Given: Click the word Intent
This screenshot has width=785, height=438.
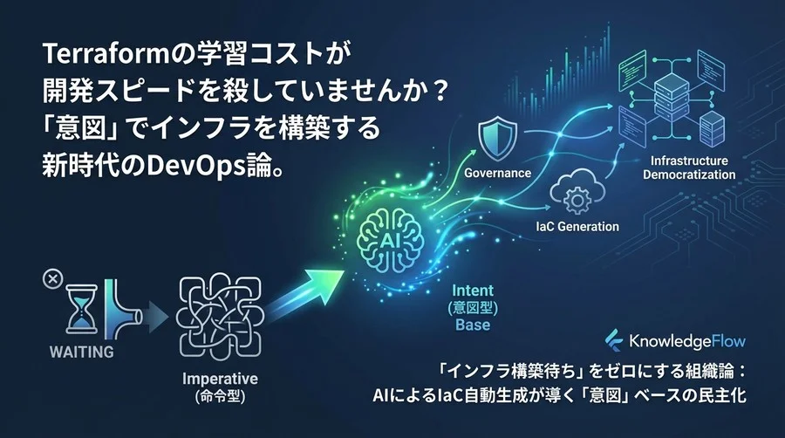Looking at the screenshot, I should [473, 289].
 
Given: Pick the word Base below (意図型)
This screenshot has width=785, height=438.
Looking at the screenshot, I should [472, 325].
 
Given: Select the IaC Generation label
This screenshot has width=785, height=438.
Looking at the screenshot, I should [577, 227].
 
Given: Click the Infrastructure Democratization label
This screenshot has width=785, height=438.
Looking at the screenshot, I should [689, 168].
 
